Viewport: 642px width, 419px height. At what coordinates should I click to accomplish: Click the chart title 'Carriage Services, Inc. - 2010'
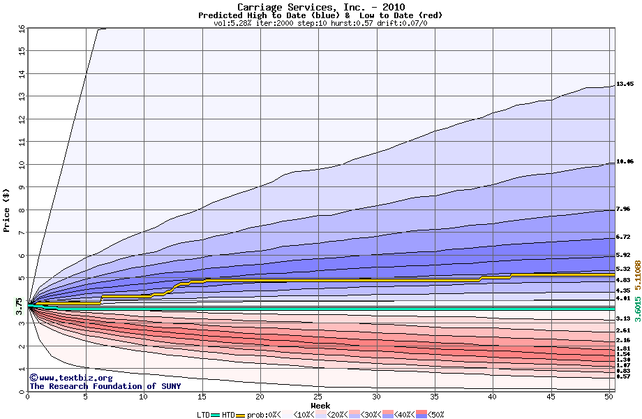(321, 7)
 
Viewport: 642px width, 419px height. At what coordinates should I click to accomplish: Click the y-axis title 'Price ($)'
(7, 210)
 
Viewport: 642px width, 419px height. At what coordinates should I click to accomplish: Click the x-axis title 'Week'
(320, 406)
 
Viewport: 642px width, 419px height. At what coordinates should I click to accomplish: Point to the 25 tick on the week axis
(318, 397)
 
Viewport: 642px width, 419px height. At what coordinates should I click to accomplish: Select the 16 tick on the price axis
(21, 29)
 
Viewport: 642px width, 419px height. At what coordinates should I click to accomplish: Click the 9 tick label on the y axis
(21, 187)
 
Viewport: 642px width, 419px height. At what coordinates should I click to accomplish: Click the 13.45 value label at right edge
(625, 84)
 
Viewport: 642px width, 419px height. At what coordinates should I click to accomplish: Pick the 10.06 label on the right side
(625, 161)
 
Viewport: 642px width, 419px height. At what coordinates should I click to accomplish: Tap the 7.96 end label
(623, 209)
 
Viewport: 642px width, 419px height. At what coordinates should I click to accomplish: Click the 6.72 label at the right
(623, 237)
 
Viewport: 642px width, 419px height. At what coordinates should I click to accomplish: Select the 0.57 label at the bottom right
(623, 376)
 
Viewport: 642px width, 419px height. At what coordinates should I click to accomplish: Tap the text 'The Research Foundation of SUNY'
(105, 386)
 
